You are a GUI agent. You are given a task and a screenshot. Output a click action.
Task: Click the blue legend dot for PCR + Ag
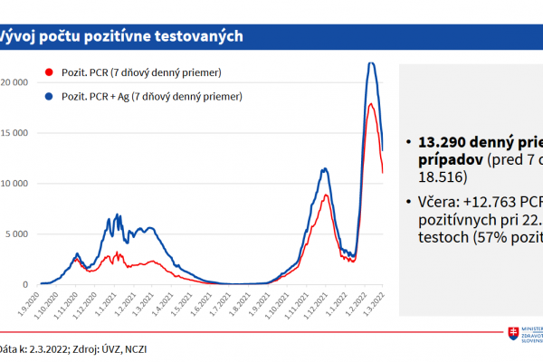click(48, 95)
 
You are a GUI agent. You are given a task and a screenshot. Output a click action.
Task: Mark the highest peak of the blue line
click(371, 62)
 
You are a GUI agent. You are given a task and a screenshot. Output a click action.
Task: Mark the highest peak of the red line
click(370, 105)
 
